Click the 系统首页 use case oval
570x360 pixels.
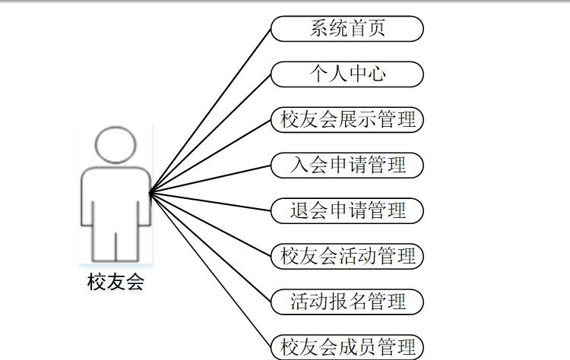click(x=347, y=29)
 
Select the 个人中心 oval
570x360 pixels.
click(x=347, y=74)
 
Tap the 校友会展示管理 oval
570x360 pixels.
click(x=347, y=119)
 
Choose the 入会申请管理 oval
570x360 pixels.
click(x=347, y=165)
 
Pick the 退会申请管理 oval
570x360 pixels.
click(x=347, y=210)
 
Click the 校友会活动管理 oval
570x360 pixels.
click(x=347, y=255)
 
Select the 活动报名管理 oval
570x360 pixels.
click(x=347, y=301)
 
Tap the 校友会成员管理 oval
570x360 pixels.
click(x=347, y=346)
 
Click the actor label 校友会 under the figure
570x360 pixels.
click(x=116, y=283)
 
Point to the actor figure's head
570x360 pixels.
click(x=116, y=145)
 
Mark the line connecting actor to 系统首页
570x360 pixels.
click(x=211, y=111)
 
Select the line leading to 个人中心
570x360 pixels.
click(x=211, y=134)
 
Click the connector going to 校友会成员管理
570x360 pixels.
click(x=211, y=270)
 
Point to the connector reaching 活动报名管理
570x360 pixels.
click(x=211, y=247)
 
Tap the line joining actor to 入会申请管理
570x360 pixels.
click(x=211, y=178)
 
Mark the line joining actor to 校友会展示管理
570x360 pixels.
click(x=211, y=156)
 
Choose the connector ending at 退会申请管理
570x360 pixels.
click(x=211, y=201)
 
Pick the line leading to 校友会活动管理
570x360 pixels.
click(x=211, y=224)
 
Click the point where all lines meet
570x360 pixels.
click(x=150, y=193)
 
